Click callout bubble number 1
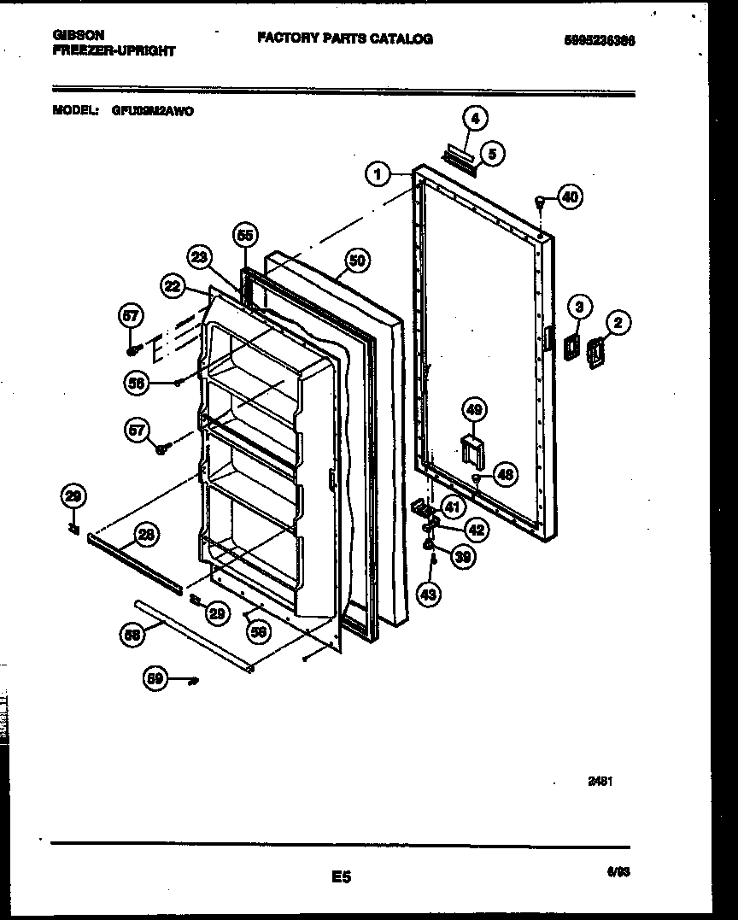tap(376, 174)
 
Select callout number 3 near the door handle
tap(579, 306)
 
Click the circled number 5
tap(492, 154)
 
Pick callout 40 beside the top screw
tap(570, 196)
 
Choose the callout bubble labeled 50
tap(357, 260)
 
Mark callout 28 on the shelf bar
tap(147, 536)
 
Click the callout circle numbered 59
tap(155, 679)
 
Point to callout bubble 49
tap(475, 411)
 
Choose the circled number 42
tap(476, 530)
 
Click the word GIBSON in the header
tap(79, 35)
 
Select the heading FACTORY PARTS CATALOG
tap(344, 38)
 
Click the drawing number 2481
tap(600, 781)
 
